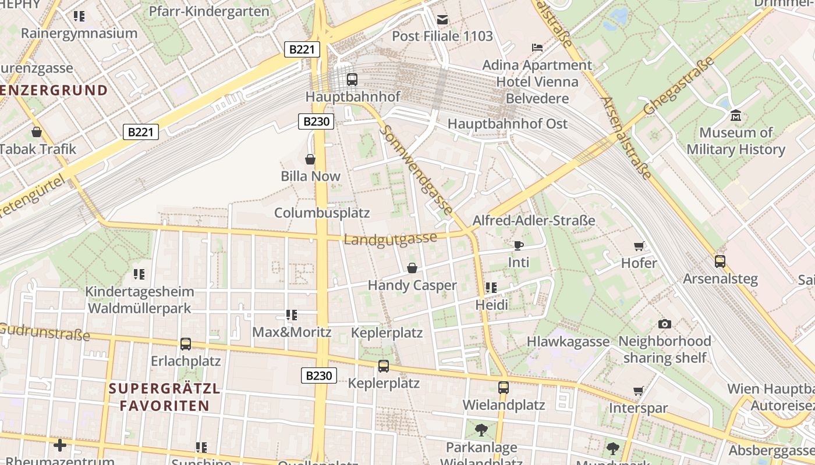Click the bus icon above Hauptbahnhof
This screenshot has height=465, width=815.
pyautogui.click(x=352, y=80)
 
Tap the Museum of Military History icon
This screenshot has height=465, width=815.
pyautogui.click(x=735, y=116)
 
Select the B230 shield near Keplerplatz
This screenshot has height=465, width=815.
pyautogui.click(x=318, y=375)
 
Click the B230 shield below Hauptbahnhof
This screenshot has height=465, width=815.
pyautogui.click(x=317, y=121)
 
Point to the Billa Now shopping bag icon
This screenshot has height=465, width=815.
pyautogui.click(x=310, y=159)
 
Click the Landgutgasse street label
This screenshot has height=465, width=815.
pyautogui.click(x=390, y=239)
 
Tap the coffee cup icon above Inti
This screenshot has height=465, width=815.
pyautogui.click(x=518, y=245)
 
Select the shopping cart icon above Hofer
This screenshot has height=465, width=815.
pyautogui.click(x=639, y=246)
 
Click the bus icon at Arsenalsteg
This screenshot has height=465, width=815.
pyautogui.click(x=720, y=261)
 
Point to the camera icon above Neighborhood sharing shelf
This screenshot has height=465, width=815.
pyautogui.click(x=664, y=324)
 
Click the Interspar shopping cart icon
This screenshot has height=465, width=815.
pyautogui.click(x=638, y=391)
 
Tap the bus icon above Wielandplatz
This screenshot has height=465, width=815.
pyautogui.click(x=503, y=387)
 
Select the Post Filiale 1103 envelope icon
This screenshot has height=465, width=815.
pyautogui.click(x=442, y=19)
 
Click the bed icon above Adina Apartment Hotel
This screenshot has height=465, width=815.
pyautogui.click(x=537, y=47)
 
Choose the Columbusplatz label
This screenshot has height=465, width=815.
pyautogui.click(x=322, y=213)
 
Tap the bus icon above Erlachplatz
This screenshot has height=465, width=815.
pyautogui.click(x=186, y=344)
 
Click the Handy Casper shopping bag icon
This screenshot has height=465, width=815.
pyautogui.click(x=412, y=268)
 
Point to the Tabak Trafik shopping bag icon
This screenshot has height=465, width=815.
pyautogui.click(x=37, y=132)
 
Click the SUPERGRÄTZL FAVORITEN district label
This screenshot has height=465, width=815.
pyautogui.click(x=165, y=397)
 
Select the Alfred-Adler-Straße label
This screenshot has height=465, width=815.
pyautogui.click(x=534, y=220)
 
